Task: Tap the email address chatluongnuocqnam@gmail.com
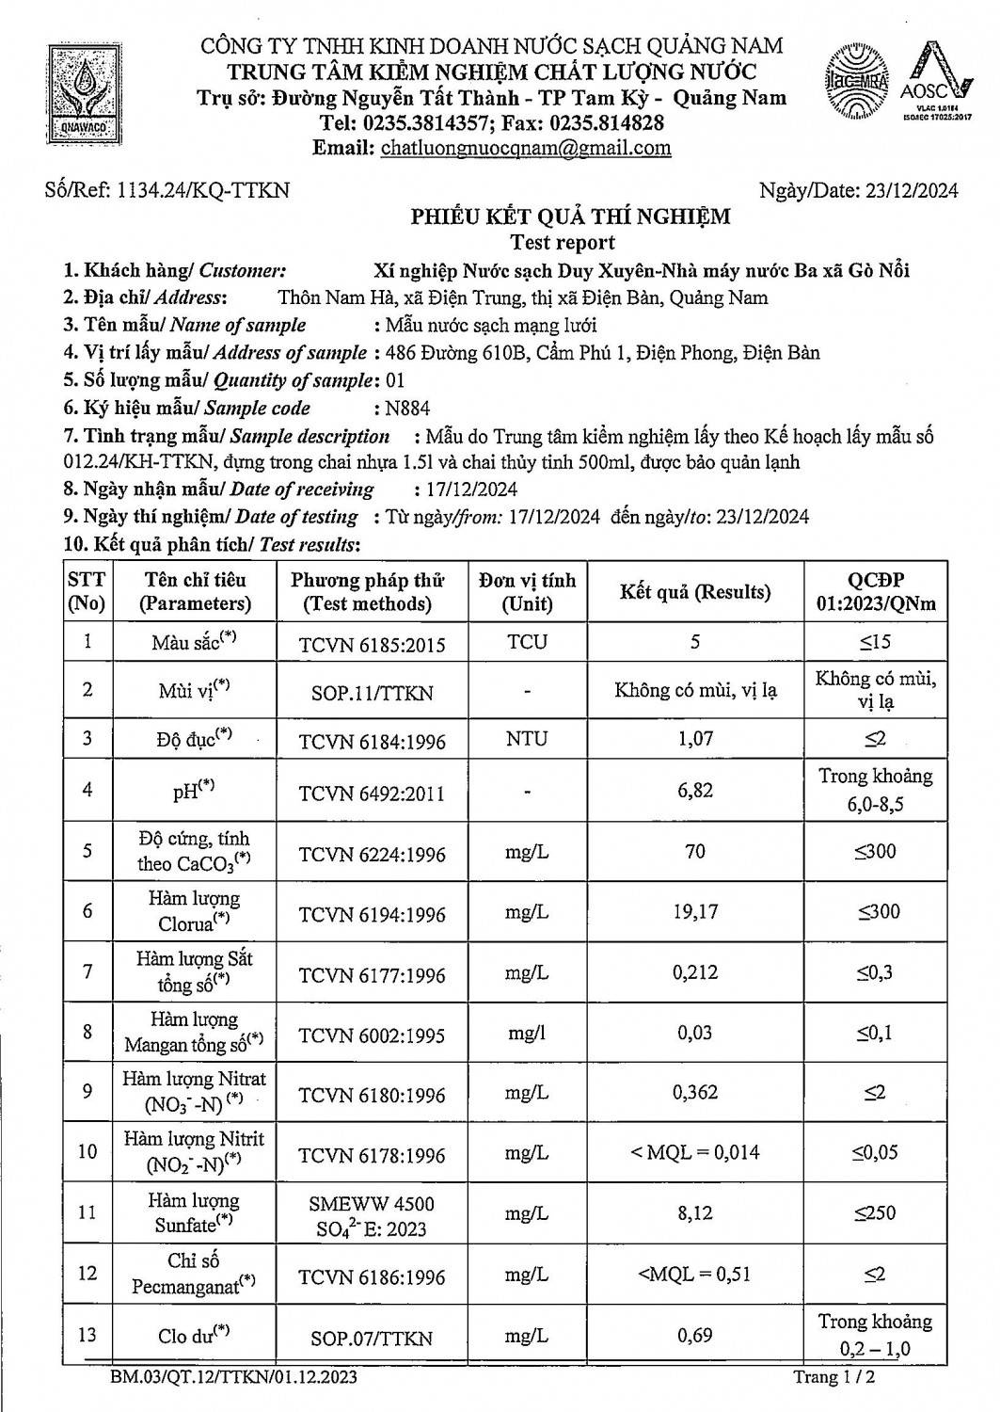tap(525, 148)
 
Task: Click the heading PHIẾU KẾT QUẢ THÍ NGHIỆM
tap(570, 217)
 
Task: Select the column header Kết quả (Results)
tap(694, 592)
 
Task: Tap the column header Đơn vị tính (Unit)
tap(527, 592)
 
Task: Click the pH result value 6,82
tap(695, 791)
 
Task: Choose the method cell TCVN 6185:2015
tap(373, 645)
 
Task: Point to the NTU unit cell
tap(527, 739)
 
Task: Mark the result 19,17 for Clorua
tap(695, 912)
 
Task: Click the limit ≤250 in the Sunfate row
tap(875, 1213)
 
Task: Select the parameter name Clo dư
tap(194, 1335)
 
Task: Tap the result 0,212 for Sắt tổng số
tap(695, 973)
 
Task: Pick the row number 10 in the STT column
tap(87, 1151)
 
